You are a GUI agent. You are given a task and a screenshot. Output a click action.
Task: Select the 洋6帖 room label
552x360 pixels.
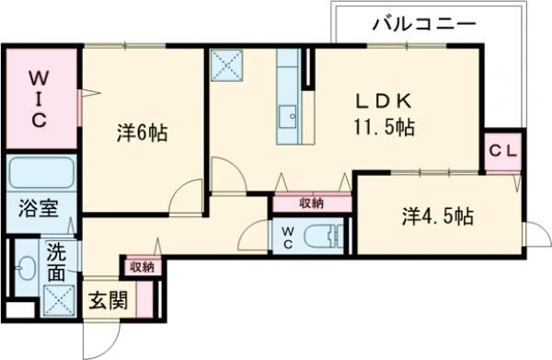pos(142,134)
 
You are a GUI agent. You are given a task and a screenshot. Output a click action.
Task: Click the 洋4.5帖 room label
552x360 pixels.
pos(437,217)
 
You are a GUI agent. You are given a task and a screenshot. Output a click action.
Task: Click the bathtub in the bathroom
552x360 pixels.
pos(40,173)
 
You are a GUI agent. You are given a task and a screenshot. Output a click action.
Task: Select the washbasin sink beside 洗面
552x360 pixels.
pos(25,270)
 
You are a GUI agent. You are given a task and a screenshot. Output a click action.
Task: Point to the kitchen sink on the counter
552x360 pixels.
pos(288,116)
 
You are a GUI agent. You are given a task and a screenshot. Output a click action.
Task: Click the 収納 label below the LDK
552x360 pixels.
pos(311,203)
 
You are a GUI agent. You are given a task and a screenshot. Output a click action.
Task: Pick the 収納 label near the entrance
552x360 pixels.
pos(142,267)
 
